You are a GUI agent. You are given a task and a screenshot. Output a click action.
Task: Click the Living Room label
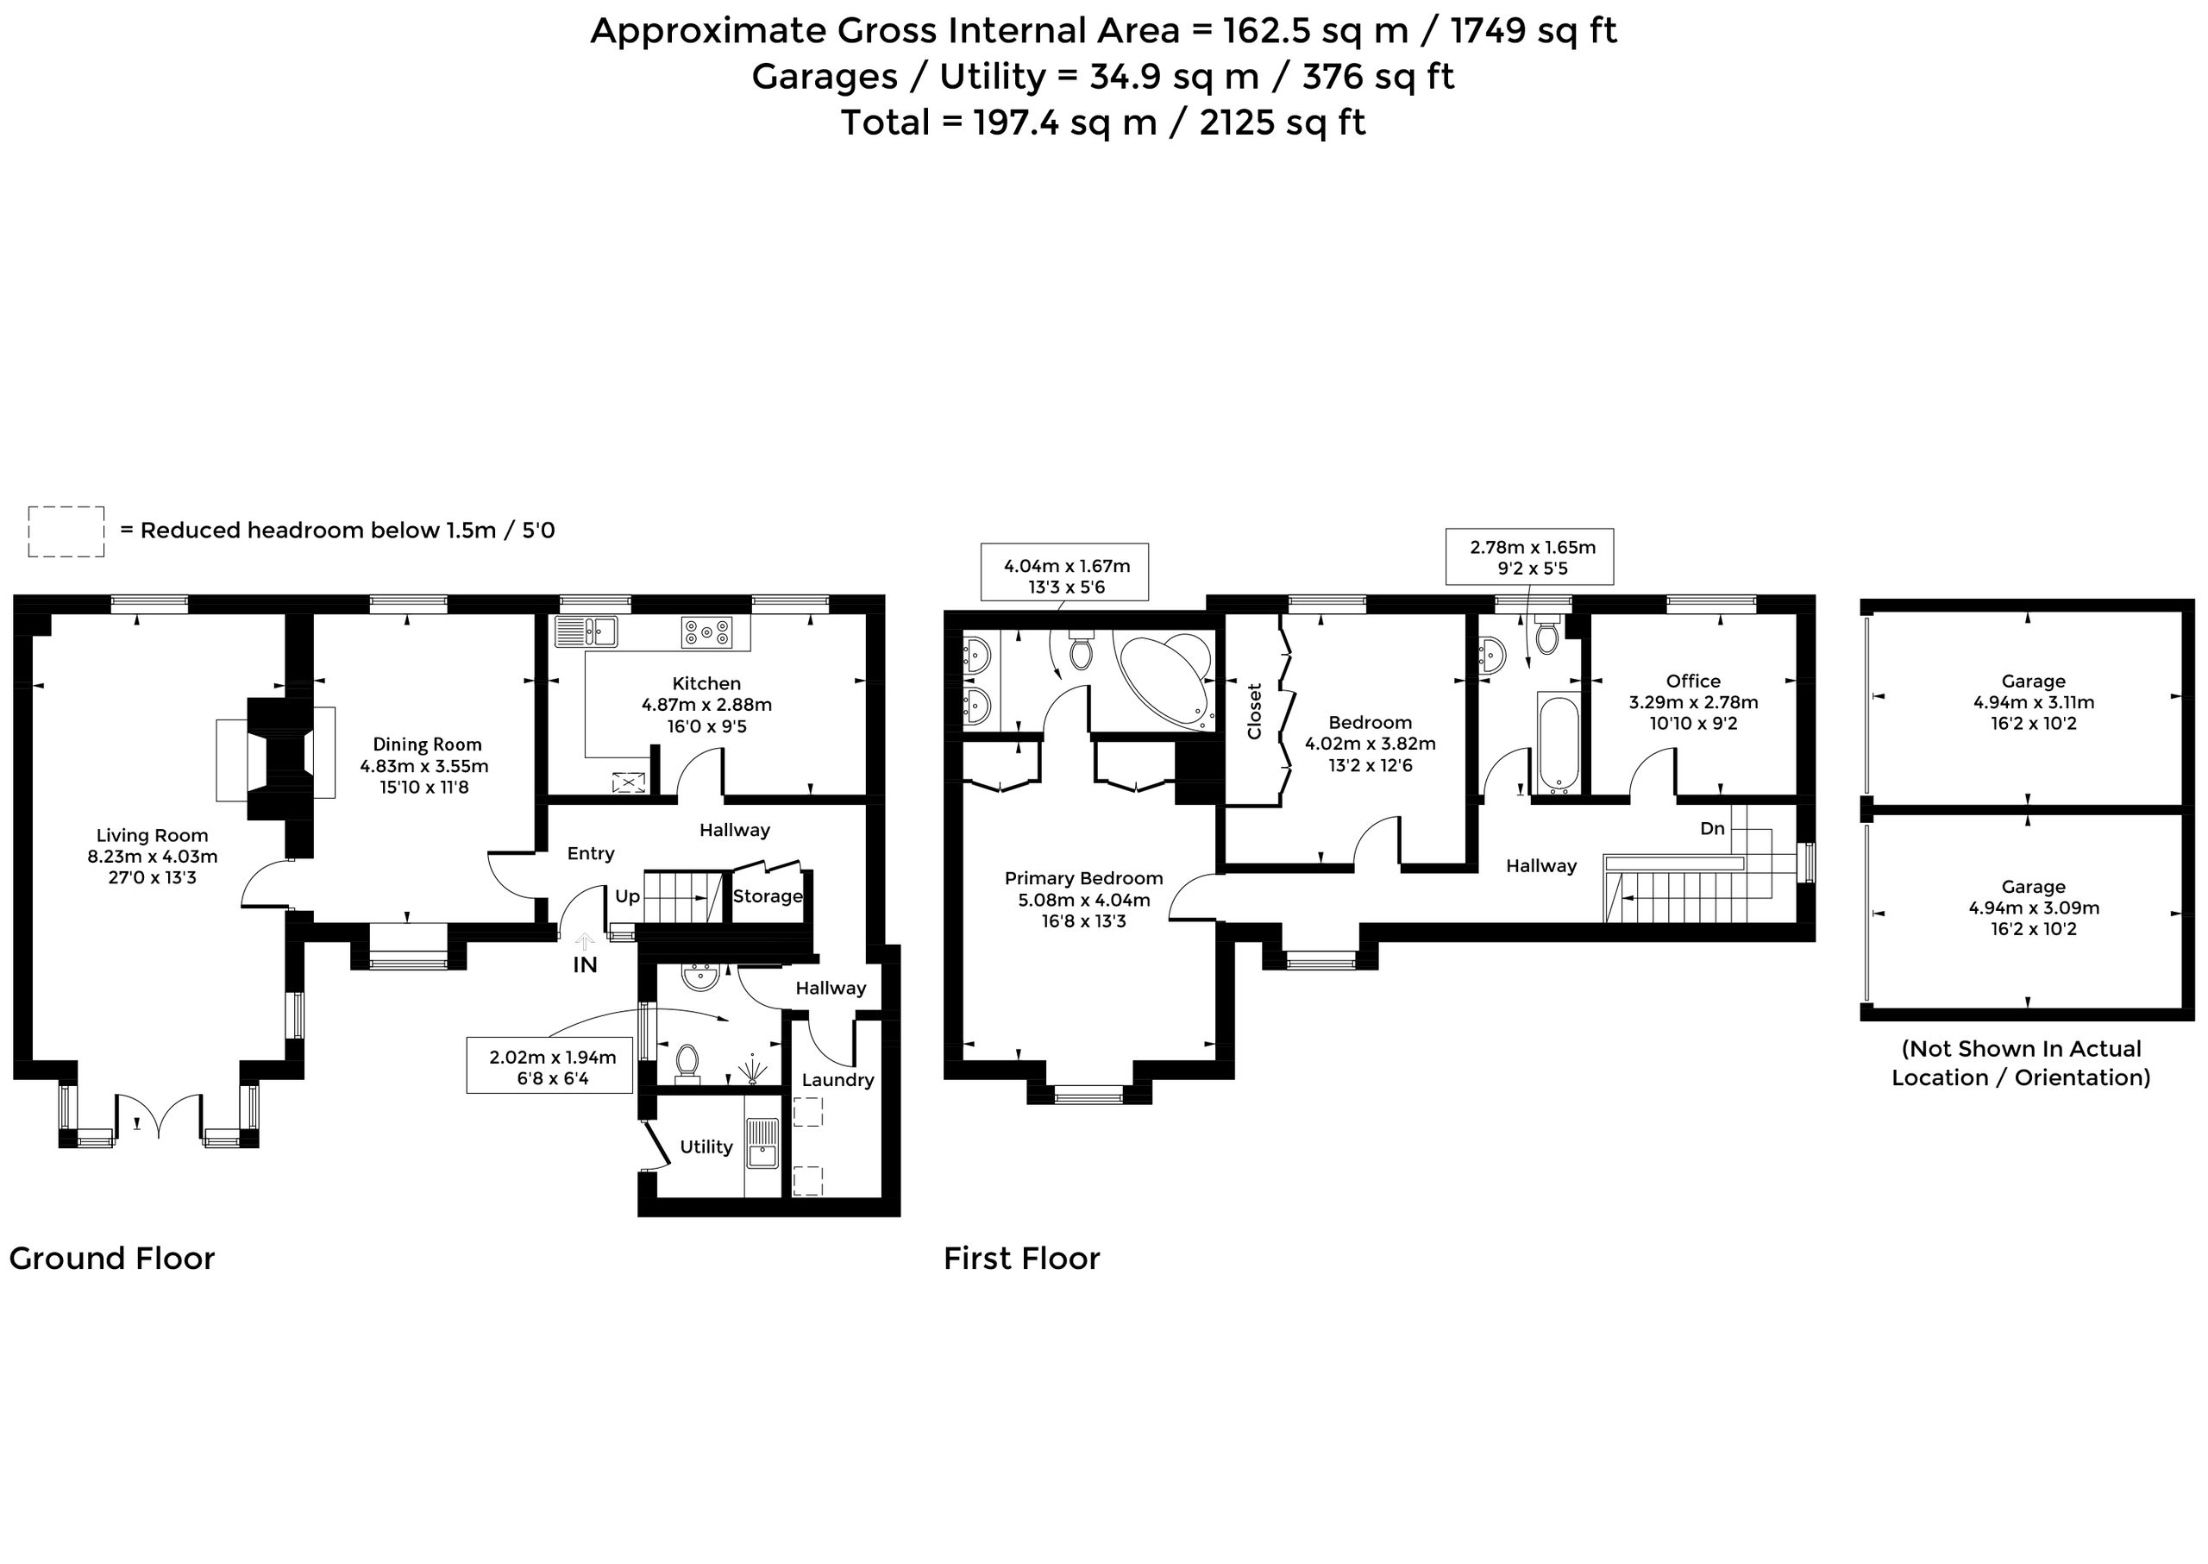coord(152,835)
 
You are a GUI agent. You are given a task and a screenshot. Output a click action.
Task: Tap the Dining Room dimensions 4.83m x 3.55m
coord(424,767)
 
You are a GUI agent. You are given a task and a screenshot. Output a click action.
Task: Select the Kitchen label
coord(706,683)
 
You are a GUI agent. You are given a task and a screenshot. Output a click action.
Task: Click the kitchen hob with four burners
coord(706,632)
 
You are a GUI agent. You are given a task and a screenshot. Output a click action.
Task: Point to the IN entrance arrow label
coord(586,964)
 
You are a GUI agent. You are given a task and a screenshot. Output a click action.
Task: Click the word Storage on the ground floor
coord(768,895)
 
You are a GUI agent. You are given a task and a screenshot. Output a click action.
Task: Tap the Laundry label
coord(837,1079)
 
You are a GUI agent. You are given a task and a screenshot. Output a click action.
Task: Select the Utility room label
coord(706,1146)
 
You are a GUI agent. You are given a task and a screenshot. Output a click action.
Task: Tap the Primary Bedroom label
coord(1083,877)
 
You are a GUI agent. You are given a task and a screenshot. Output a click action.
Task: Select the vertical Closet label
coord(1254,711)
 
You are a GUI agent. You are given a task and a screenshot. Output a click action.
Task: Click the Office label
coord(1693,681)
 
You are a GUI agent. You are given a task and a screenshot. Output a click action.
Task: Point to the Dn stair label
coord(1712,828)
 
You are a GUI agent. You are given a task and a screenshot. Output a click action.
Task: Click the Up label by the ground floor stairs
coord(628,896)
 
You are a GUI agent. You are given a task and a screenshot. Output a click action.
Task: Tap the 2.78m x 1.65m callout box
coord(1530,556)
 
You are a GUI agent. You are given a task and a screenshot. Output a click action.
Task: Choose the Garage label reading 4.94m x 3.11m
coord(2033,702)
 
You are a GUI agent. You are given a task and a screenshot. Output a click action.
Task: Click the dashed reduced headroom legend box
coord(66,531)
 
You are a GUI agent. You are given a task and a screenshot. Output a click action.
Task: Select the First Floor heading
coord(1022,1258)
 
